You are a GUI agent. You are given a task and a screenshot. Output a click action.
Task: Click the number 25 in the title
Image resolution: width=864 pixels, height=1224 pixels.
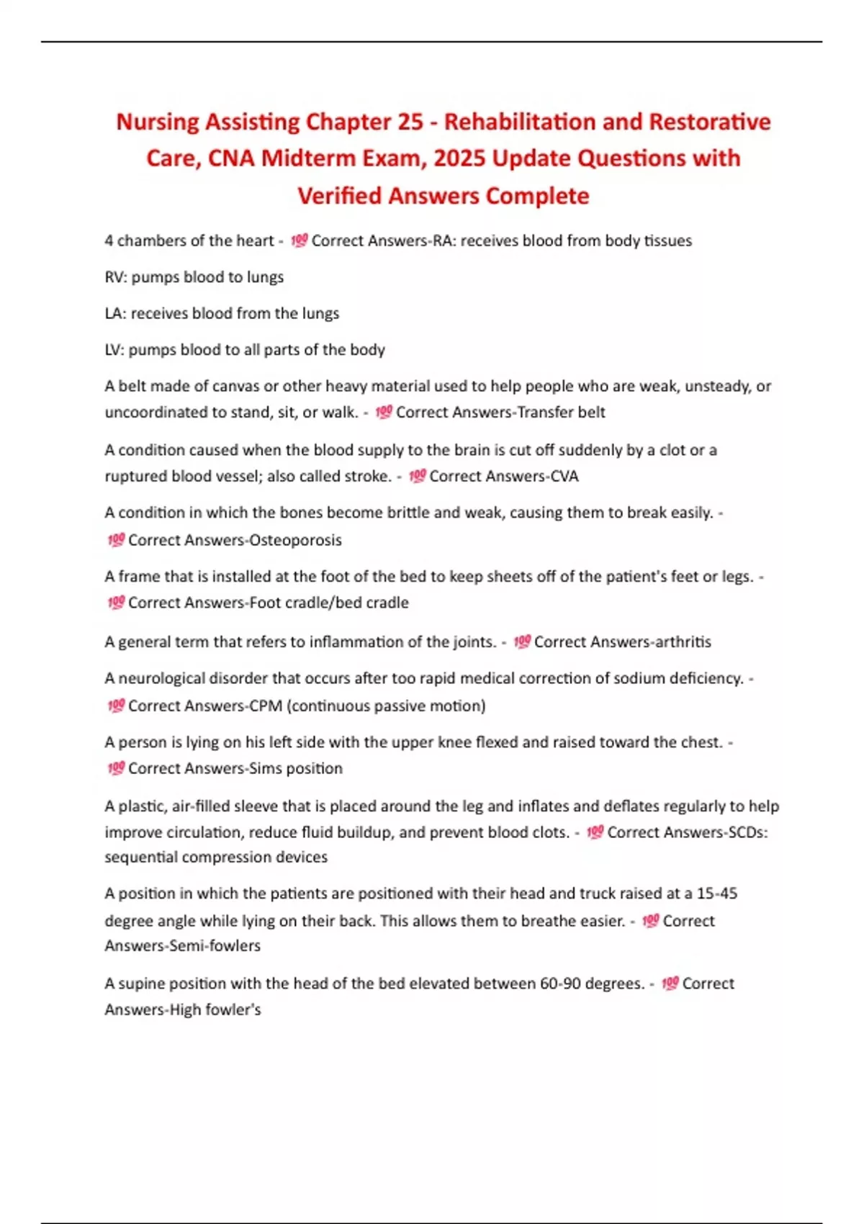point(409,122)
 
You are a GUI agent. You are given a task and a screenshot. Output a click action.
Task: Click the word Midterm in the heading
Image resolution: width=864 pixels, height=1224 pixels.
point(300,158)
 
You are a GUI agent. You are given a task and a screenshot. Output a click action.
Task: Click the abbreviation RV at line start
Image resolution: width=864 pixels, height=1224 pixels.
point(114,277)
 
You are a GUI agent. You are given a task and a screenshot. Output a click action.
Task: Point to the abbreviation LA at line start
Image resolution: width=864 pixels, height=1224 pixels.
point(114,313)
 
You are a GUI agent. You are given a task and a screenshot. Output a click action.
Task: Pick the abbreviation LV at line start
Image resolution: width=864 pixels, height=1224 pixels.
point(114,350)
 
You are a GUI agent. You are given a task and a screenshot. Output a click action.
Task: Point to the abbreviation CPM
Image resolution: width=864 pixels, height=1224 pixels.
point(266,706)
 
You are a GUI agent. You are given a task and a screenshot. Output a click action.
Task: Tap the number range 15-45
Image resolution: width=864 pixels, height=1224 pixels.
point(717,894)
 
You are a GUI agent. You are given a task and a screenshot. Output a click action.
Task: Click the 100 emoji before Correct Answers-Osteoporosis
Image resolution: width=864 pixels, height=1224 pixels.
point(116,540)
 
